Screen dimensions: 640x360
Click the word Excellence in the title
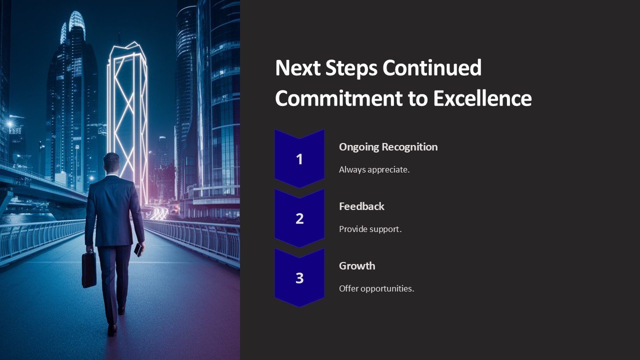tap(482, 98)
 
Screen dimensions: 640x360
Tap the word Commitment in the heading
tap(338, 98)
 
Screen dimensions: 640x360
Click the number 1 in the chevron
tap(299, 159)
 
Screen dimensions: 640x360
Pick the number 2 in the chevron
tap(299, 218)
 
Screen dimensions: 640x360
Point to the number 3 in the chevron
tap(299, 278)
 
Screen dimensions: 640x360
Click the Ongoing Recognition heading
tap(388, 147)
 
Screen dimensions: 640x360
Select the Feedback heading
tap(361, 206)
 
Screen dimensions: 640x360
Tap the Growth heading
tap(357, 266)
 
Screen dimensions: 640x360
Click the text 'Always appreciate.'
tap(374, 169)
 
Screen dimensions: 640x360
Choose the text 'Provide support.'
tap(370, 229)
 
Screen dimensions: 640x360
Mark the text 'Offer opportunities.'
tap(376, 288)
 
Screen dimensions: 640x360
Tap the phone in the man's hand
tap(138, 249)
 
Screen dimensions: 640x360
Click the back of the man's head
tap(111, 162)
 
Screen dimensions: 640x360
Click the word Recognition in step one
tap(409, 147)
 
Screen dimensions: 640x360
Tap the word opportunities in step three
tap(387, 289)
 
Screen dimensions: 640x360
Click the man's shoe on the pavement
tap(112, 330)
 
